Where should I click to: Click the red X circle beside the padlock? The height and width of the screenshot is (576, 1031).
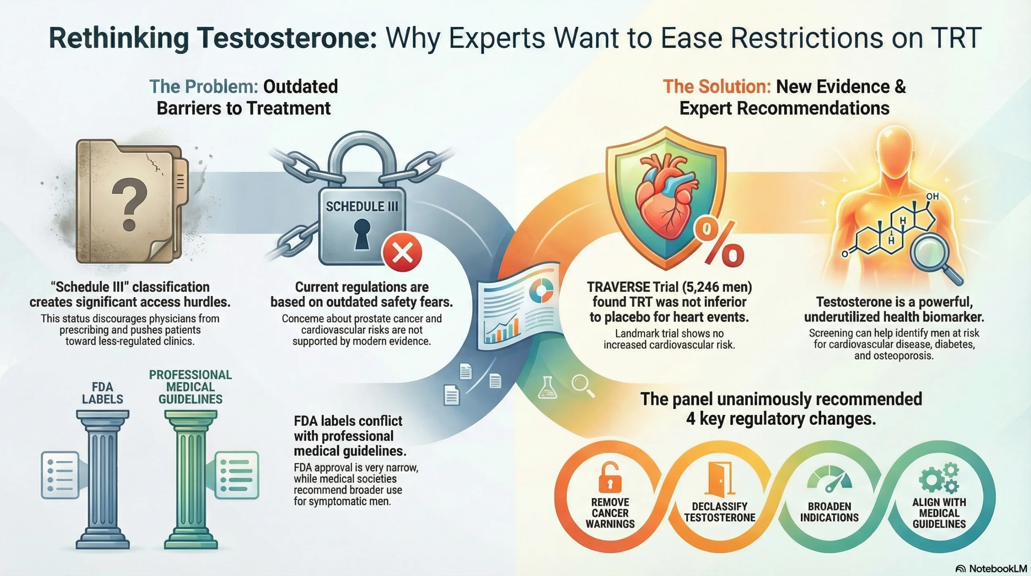pyautogui.click(x=402, y=254)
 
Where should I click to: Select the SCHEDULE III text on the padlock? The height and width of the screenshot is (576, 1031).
pyautogui.click(x=362, y=206)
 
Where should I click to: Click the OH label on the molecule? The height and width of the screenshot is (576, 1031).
pyautogui.click(x=932, y=196)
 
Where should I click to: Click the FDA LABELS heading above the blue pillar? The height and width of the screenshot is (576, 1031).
pyautogui.click(x=102, y=393)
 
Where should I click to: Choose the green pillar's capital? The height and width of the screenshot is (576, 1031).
pyautogui.click(x=190, y=420)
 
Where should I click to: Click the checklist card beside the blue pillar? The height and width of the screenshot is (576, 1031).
pyautogui.click(x=60, y=475)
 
